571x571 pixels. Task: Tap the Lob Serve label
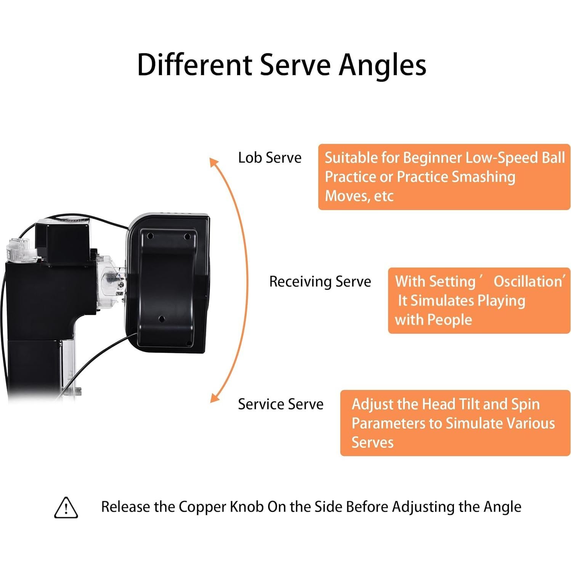[269, 158]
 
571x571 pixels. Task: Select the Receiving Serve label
[320, 282]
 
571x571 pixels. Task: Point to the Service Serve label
[281, 404]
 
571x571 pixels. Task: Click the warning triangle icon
[66, 508]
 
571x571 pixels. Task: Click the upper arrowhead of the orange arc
[213, 162]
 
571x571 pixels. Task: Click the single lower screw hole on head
[161, 318]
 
